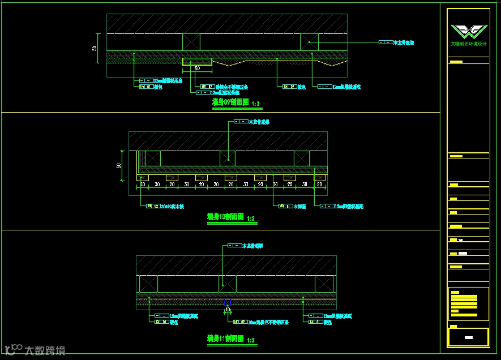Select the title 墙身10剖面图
coord(225,217)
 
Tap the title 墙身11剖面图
coord(225,338)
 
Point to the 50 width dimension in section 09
coord(197,68)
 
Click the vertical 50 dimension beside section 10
coord(119,166)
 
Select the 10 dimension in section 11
coord(228,310)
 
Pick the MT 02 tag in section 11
coord(240,322)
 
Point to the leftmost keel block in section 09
coord(191,42)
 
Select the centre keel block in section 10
coord(228,158)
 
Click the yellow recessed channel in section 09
coord(197,61)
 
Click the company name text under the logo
coord(468,44)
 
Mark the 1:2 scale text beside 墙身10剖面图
coord(250,218)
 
